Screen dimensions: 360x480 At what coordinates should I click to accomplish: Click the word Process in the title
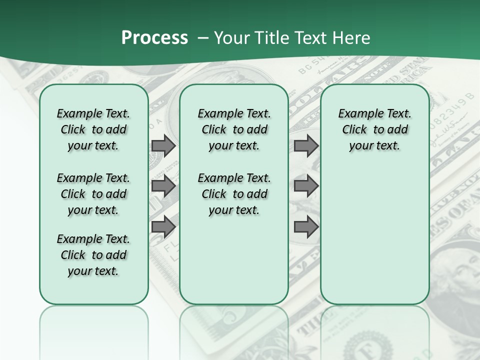coord(154,38)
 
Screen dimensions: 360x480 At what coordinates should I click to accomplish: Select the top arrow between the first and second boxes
coord(163,146)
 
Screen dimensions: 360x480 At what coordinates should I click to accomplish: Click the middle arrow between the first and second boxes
coord(163,186)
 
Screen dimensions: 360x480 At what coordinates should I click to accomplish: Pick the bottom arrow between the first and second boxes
coord(163,227)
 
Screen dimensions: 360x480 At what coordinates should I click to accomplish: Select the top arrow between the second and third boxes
coord(306,146)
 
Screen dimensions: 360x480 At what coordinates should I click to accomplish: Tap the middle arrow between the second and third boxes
coord(306,186)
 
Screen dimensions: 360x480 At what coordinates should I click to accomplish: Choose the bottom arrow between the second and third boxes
coord(306,227)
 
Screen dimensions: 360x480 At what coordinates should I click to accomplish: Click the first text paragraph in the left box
coord(93,129)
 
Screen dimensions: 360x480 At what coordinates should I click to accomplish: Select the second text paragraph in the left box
coord(93,194)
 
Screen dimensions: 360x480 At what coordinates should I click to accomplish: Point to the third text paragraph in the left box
coord(93,255)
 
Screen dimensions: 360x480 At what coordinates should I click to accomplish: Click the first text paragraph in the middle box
coord(234,129)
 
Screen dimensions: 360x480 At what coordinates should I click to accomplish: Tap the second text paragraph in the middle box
coord(234,194)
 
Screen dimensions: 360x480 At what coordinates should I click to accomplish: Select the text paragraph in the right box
coord(374,129)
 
